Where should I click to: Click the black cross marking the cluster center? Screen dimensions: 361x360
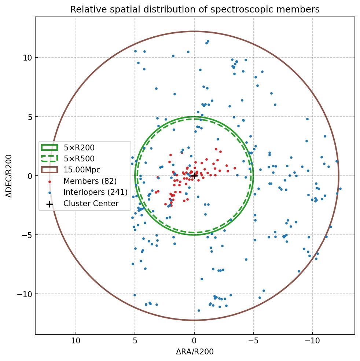tap(194, 176)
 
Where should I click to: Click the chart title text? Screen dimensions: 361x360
tap(195, 9)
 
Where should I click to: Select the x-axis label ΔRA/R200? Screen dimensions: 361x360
tap(195, 352)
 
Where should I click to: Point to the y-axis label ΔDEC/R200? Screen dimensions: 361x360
tap(10, 176)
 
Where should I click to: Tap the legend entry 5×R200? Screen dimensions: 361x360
tap(79, 148)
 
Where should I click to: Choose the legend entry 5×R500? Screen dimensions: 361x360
tap(79, 159)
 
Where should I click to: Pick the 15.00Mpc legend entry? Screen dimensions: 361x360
tap(82, 170)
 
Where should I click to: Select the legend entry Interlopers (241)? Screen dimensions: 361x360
tap(95, 192)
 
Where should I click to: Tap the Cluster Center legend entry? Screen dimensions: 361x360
tap(91, 203)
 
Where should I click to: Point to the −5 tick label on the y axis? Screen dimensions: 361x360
tap(26, 235)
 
